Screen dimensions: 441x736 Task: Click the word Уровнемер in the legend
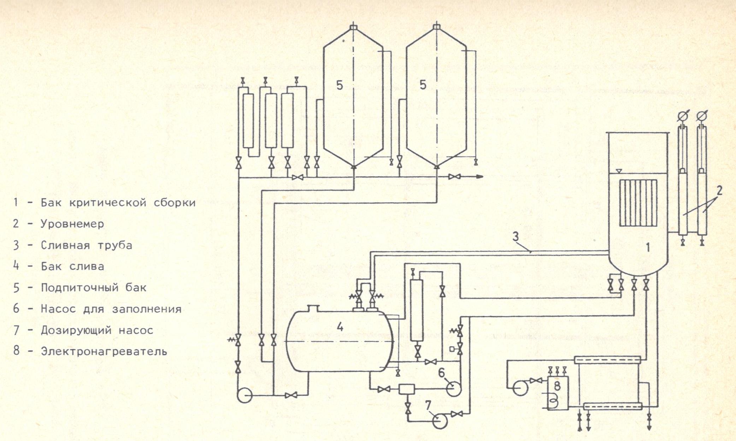[x=72, y=224]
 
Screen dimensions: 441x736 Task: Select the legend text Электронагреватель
[x=104, y=351]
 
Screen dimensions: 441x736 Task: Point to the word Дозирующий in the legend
[x=76, y=330]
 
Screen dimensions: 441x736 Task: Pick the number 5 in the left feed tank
[x=340, y=85]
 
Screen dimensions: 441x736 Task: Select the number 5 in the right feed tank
[x=423, y=85]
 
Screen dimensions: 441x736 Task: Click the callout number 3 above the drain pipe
[x=516, y=237]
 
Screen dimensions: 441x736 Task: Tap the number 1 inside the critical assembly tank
[x=648, y=248]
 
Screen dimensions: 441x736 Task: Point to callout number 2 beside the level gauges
[x=719, y=191]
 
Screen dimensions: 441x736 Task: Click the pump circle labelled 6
[x=454, y=389]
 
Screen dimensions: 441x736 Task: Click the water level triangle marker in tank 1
[x=618, y=171]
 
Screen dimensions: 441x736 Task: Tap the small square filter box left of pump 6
[x=404, y=389]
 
